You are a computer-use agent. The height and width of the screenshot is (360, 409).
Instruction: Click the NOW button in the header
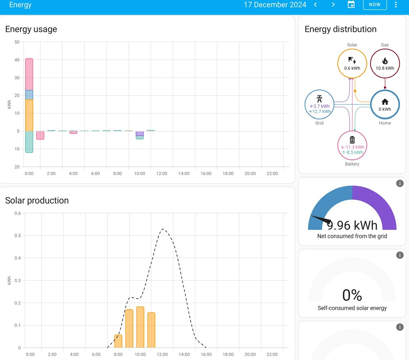pyautogui.click(x=375, y=5)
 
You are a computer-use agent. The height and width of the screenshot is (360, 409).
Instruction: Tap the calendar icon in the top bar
pyautogui.click(x=351, y=4)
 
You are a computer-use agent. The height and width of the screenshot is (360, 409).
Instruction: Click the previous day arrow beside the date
pyautogui.click(x=315, y=5)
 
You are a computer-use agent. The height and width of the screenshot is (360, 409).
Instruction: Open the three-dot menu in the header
pyautogui.click(x=396, y=5)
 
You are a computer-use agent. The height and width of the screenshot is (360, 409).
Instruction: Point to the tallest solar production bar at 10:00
pyautogui.click(x=140, y=327)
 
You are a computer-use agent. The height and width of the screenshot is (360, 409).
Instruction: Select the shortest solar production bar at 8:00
pyautogui.click(x=118, y=341)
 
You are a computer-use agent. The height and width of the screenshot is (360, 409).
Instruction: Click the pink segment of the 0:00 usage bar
pyautogui.click(x=29, y=74)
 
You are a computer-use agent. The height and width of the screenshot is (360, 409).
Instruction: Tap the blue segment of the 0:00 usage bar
pyautogui.click(x=29, y=95)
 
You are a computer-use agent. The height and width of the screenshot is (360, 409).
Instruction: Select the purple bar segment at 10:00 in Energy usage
pyautogui.click(x=140, y=134)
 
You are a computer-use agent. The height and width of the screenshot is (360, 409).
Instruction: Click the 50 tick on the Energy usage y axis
pyautogui.click(x=17, y=42)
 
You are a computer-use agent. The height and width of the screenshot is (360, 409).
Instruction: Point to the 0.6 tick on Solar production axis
pyautogui.click(x=18, y=213)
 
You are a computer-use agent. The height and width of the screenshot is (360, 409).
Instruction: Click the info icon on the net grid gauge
pyautogui.click(x=400, y=183)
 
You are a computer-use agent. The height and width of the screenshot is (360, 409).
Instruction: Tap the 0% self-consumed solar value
pyautogui.click(x=352, y=295)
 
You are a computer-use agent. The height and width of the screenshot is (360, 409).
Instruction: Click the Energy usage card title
pyautogui.click(x=31, y=29)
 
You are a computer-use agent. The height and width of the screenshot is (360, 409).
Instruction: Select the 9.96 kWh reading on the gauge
pyautogui.click(x=352, y=225)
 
